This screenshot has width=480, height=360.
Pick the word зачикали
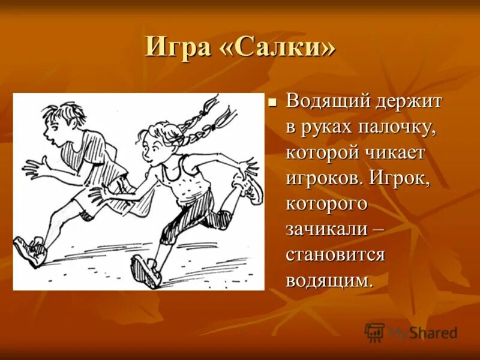(x=328, y=229)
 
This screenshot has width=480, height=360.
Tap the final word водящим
(x=329, y=280)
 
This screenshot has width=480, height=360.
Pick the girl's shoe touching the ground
(x=146, y=271)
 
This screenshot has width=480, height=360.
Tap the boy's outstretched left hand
(x=33, y=169)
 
